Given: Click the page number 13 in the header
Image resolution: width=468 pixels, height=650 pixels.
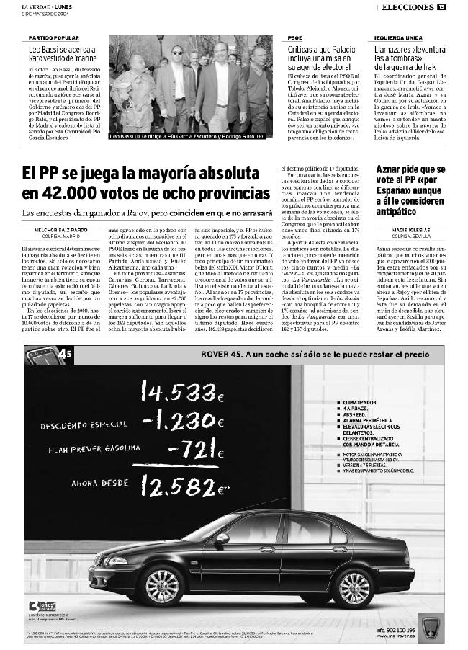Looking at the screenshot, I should [x=441, y=7].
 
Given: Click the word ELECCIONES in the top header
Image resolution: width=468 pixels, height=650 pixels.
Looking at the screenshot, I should [x=406, y=7].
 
